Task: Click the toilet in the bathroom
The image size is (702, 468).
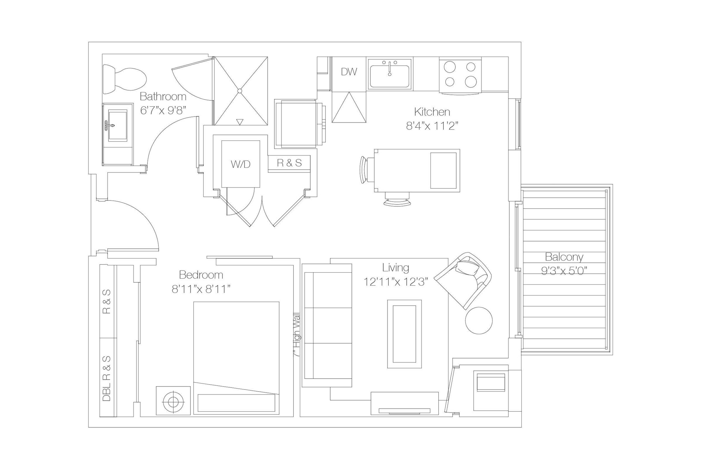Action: point(125,80)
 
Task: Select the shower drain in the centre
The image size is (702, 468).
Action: point(240,91)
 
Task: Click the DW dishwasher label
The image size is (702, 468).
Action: point(349,72)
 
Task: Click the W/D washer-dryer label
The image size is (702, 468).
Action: point(240,164)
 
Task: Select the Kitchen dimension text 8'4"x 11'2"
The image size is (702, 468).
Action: point(432,126)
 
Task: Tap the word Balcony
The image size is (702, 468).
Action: point(564,257)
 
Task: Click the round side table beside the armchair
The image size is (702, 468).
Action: point(479,321)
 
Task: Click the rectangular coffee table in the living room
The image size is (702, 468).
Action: point(404,334)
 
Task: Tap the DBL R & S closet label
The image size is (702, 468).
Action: point(106,378)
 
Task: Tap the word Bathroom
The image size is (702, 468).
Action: point(163,96)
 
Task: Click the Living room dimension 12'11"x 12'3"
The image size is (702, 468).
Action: point(396,282)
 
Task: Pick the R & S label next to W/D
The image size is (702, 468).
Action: point(289,163)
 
